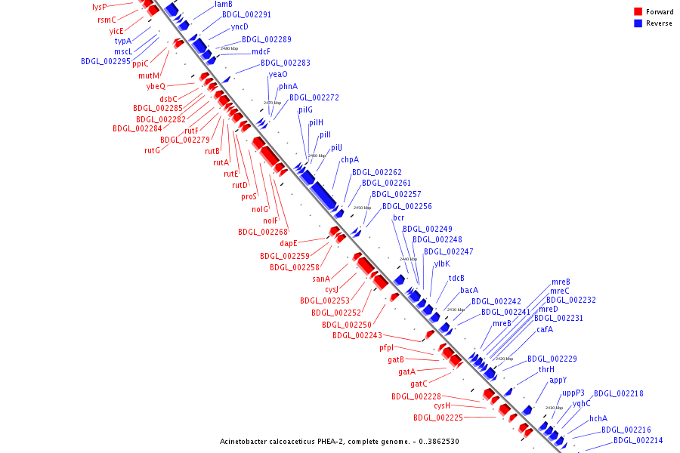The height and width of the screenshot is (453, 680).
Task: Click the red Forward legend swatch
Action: [x=638, y=12]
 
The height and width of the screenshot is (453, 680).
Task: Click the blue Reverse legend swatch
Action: [x=638, y=23]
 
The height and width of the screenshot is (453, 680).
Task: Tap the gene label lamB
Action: [x=224, y=5]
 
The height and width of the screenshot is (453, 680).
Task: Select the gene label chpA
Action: [x=349, y=160]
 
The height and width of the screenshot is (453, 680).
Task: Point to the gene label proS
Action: [x=249, y=196]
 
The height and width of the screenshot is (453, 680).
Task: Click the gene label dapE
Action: [x=289, y=243]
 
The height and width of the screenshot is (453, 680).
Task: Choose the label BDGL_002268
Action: [x=263, y=233]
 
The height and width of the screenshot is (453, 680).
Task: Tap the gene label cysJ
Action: [x=332, y=290]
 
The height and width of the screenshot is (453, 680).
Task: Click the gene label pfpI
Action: [x=387, y=348]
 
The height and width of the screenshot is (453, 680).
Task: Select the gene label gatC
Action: [x=419, y=384]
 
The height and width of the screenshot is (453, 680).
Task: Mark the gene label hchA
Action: [x=598, y=418]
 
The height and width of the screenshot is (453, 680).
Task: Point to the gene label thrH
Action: [x=546, y=370]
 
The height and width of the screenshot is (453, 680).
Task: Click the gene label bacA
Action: [x=469, y=290]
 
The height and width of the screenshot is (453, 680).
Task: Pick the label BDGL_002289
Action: [x=266, y=39]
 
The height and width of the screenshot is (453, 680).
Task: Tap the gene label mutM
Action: [x=149, y=75]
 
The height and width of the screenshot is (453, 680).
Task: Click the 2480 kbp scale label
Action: [x=230, y=48]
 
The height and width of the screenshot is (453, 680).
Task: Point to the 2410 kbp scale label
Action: [x=554, y=408]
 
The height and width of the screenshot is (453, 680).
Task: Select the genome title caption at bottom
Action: [x=339, y=442]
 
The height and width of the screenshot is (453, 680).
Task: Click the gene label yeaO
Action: [x=277, y=74]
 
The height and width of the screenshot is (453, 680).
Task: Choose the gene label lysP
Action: [x=100, y=7]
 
